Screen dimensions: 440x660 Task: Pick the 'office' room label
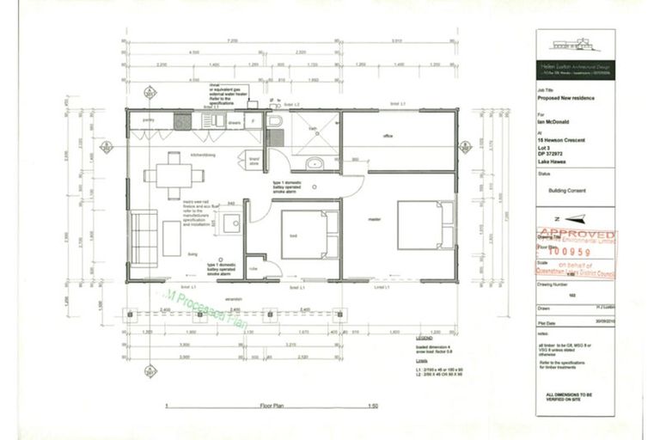[x=388, y=136]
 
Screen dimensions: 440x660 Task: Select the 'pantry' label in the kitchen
[x=147, y=121]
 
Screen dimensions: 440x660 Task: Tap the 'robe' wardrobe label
[x=255, y=267]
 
